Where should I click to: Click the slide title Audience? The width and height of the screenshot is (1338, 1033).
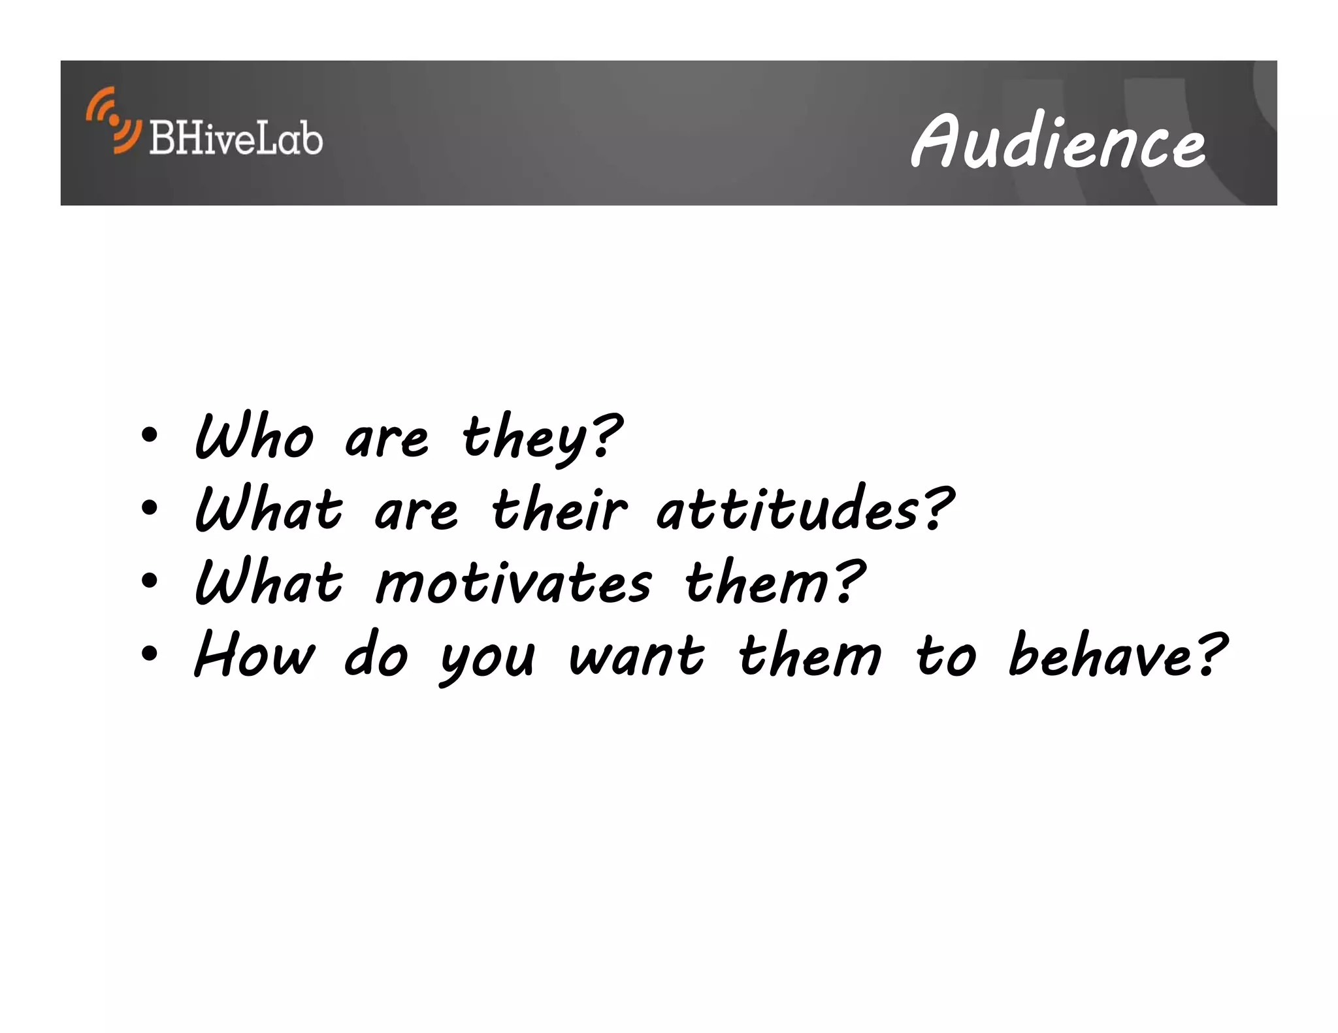[x=1058, y=141]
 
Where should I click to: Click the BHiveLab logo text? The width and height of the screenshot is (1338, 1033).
[x=236, y=138]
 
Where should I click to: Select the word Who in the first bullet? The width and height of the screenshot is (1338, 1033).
[x=254, y=437]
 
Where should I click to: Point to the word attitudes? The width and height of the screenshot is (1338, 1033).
[x=805, y=510]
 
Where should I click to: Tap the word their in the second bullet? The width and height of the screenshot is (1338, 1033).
[x=559, y=510]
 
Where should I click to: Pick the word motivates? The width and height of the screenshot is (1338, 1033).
[x=514, y=582]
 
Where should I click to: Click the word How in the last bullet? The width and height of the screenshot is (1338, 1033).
[x=254, y=656]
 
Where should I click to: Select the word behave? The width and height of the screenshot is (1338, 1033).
[x=1117, y=656]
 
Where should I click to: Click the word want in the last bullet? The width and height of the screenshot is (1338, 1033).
[x=637, y=656]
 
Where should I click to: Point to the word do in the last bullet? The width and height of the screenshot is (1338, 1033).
[x=376, y=656]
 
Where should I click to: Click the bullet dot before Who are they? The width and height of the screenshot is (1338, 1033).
[x=149, y=436]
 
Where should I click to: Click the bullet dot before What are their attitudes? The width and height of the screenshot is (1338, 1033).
[x=149, y=508]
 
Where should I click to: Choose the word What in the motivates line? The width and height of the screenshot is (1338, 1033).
[x=269, y=582]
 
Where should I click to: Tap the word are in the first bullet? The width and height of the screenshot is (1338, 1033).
[x=386, y=439]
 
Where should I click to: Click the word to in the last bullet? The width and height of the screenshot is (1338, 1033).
[x=945, y=656]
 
